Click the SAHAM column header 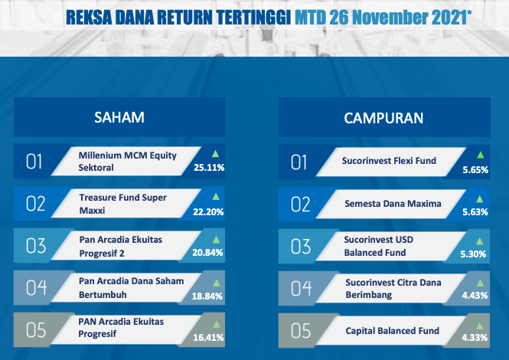[119, 117]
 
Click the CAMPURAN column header [383, 118]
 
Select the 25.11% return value [209, 167]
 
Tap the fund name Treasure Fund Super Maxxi [122, 204]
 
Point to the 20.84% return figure [207, 253]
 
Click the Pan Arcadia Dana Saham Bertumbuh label [131, 287]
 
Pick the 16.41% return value [208, 338]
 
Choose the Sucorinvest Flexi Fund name [389, 161]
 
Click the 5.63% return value [475, 212]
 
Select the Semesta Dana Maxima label [393, 204]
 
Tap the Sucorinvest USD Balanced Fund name [379, 246]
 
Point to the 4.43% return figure [475, 296]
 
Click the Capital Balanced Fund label [392, 330]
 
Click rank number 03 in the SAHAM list [36, 246]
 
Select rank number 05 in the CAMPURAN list [301, 331]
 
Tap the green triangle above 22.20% [216, 196]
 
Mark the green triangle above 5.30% [479, 241]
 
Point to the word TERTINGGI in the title [253, 17]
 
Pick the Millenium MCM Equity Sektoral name [127, 161]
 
